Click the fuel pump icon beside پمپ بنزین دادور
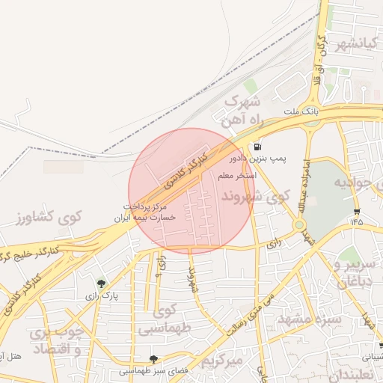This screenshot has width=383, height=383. click(257, 147)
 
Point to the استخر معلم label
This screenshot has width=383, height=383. click(237, 176)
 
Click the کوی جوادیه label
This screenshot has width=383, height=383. click(358, 182)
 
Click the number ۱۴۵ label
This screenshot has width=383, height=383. click(355, 221)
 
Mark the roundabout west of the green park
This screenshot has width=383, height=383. click(299, 224)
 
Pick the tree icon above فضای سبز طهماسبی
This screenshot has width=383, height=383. click(154, 359)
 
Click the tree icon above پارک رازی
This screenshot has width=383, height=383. click(101, 284)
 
